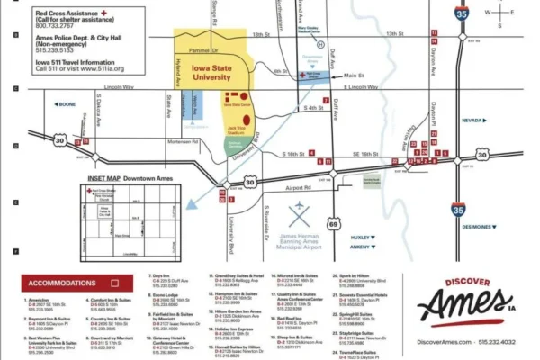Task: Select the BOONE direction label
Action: click(x=66, y=104)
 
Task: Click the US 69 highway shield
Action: click(x=334, y=220)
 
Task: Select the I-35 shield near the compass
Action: click(x=462, y=14)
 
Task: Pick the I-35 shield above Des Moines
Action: click(x=458, y=210)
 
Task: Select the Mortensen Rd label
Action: click(x=184, y=140)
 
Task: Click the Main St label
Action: click(x=355, y=76)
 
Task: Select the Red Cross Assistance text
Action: click(x=68, y=13)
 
